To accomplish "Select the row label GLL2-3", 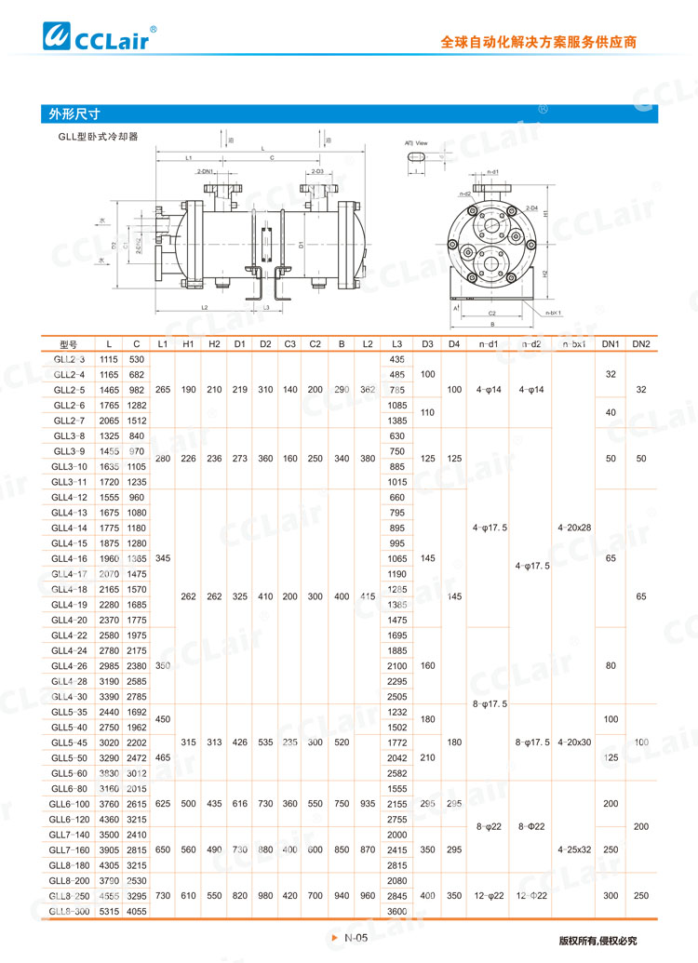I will click(69, 359).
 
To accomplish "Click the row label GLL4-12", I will click(70, 498).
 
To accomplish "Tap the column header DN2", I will click(641, 344).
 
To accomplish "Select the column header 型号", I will click(70, 344).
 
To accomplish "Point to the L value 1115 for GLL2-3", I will click(109, 359).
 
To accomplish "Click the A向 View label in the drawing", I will click(416, 142).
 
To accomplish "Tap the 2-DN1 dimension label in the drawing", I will click(206, 172).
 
